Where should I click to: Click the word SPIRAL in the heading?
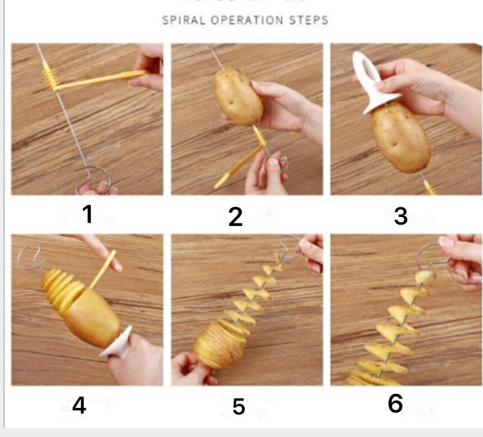coord(182,20)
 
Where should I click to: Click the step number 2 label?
coord(236,217)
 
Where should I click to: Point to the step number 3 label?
coord(401,216)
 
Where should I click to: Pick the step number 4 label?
coord(79,405)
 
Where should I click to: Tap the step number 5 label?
coord(239,407)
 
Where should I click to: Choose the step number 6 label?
coord(395,404)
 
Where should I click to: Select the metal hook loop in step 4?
coord(27,257)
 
